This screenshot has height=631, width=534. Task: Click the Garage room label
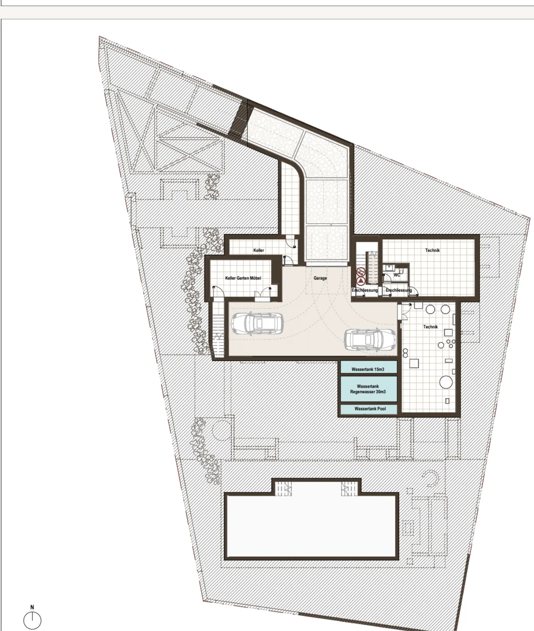click(x=320, y=278)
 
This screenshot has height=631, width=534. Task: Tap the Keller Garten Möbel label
click(x=243, y=278)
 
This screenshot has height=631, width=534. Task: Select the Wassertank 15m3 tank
click(x=369, y=367)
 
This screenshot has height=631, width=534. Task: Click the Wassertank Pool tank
click(x=369, y=409)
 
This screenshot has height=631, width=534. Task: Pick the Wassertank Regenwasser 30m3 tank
click(x=369, y=389)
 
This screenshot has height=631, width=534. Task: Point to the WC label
click(x=397, y=275)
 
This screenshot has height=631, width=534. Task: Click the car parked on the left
click(x=257, y=323)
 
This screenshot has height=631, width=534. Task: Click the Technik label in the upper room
click(x=432, y=250)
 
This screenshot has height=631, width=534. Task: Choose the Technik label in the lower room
click(x=430, y=327)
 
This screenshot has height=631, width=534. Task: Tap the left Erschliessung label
click(x=365, y=290)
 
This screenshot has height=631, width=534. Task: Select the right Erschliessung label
click(x=399, y=290)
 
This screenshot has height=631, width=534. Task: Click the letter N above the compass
click(x=32, y=607)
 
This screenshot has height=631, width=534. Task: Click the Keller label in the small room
click(x=259, y=250)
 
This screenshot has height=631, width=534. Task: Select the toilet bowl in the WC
click(x=401, y=270)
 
